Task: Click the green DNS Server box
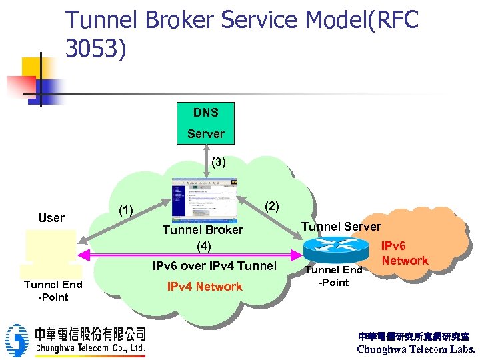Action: [205, 124]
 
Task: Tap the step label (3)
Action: [218, 162]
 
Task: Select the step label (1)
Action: [125, 211]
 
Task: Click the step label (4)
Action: [203, 246]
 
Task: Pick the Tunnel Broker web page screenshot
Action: [204, 199]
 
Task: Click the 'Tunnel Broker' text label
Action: [203, 230]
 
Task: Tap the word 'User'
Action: [51, 218]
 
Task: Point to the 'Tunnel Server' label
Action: [341, 227]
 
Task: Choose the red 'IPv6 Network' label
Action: [405, 253]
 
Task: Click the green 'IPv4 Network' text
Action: [204, 287]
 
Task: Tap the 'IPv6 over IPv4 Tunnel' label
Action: [214, 266]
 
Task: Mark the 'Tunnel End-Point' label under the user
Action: [53, 291]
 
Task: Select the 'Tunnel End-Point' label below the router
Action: [333, 276]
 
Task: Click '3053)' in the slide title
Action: [95, 49]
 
